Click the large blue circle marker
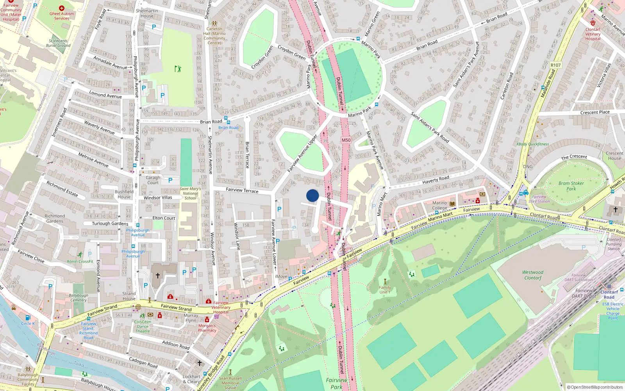click(312, 195)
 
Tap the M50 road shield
click(346, 140)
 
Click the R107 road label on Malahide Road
click(555, 65)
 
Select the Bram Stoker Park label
click(571, 186)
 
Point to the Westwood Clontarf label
click(533, 275)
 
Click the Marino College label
click(439, 205)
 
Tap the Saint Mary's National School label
click(190, 193)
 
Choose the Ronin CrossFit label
click(80, 261)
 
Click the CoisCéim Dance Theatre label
click(143, 326)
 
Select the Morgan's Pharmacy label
click(207, 328)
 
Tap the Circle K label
click(28, 323)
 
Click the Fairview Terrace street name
click(242, 190)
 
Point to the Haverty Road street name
click(436, 179)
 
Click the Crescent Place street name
click(595, 112)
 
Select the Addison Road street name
click(176, 344)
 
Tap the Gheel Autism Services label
click(62, 16)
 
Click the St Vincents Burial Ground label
click(59, 43)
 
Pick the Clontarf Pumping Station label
click(614, 244)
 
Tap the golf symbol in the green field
click(178, 69)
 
